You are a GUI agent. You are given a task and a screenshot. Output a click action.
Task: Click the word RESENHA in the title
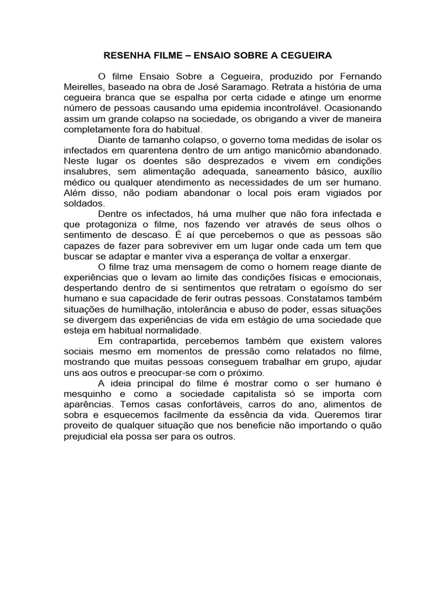pos(124,56)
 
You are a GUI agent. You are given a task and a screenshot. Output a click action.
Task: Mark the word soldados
pos(84,203)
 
